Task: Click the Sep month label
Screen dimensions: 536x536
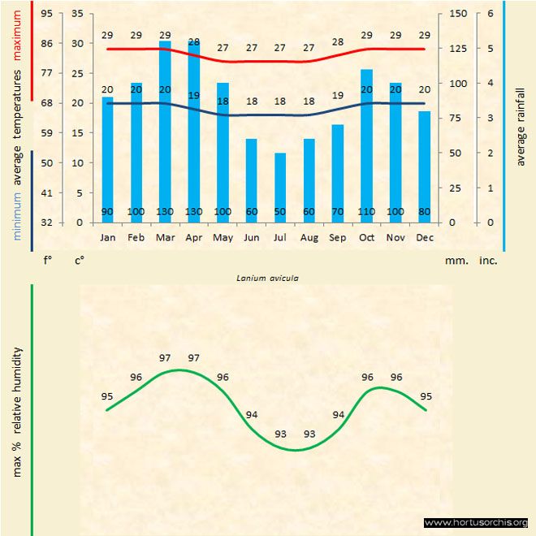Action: pyautogui.click(x=338, y=237)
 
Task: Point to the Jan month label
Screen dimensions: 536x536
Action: pyautogui.click(x=107, y=237)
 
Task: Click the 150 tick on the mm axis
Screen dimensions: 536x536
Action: pyautogui.click(x=457, y=14)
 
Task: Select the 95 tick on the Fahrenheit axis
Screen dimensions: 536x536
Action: pyautogui.click(x=46, y=14)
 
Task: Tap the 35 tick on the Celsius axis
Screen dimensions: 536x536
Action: pyautogui.click(x=77, y=14)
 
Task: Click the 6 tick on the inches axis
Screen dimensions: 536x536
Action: pyautogui.click(x=491, y=14)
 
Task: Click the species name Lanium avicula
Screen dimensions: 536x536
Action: pyautogui.click(x=267, y=278)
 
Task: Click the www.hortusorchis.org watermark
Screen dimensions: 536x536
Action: pyautogui.click(x=476, y=522)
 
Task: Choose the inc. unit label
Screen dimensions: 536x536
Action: pyautogui.click(x=488, y=262)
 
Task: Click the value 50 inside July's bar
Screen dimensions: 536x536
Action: pyautogui.click(x=280, y=212)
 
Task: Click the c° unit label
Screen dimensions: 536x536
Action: pyautogui.click(x=80, y=262)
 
